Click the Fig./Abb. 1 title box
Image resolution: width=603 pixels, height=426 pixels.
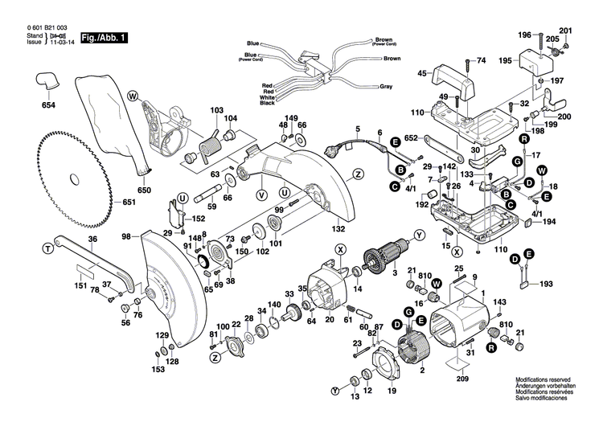point(103,37)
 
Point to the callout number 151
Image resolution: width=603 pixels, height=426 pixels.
point(80,285)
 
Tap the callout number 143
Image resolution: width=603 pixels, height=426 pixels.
point(500,302)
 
